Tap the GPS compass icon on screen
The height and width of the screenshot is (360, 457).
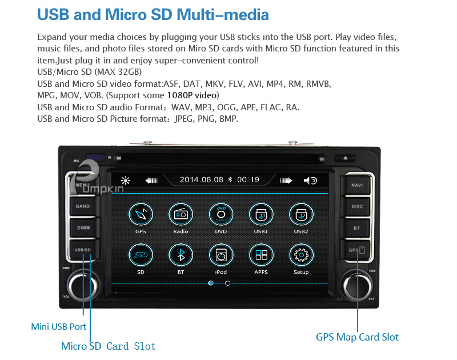141,214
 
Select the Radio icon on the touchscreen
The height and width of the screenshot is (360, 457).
181,214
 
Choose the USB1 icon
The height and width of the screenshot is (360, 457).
261,214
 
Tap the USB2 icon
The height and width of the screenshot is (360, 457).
301,214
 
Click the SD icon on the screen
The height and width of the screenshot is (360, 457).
141,255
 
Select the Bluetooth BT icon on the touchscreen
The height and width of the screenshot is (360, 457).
181,255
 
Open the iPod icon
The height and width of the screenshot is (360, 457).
221,255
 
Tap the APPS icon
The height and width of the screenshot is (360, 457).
261,255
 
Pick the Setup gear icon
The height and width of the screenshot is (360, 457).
301,255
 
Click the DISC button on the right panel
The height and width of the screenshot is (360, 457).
357,207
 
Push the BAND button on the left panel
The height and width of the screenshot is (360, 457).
83,206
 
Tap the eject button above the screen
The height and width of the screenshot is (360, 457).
345,158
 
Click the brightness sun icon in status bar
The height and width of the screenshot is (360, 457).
126,181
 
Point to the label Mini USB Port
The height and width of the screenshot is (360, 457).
59,327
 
